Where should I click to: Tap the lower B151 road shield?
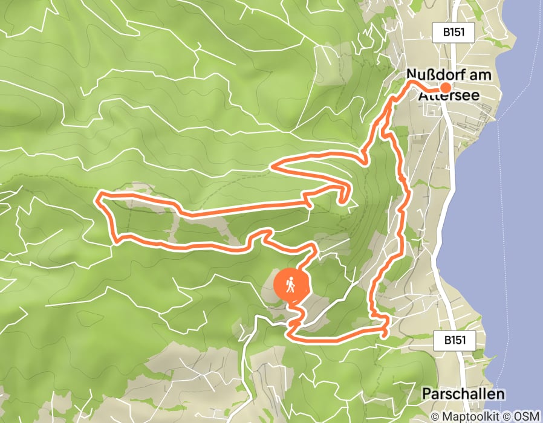tap(454, 340)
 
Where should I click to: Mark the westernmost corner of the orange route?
tap(99, 195)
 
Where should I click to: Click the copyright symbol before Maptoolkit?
tap(437, 417)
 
